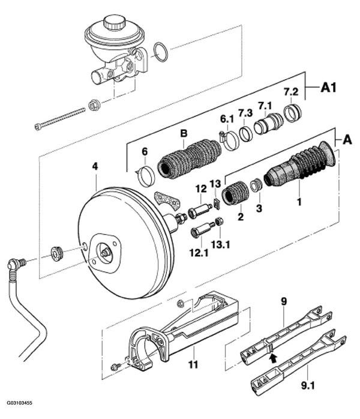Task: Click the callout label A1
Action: pos(328,88)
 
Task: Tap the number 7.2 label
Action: pos(291,92)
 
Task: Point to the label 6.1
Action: pos(227,119)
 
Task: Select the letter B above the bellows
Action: pos(184,133)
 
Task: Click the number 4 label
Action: pos(95,166)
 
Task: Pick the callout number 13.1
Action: pos(221,244)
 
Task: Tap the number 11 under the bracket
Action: pos(194,364)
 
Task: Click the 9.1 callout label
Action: pos(308,385)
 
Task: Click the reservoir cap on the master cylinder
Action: pos(115,22)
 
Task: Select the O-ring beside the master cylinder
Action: pos(161,52)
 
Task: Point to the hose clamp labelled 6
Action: pos(146,175)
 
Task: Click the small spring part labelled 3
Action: pos(256,185)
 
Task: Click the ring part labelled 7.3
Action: pos(245,134)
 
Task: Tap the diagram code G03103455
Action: pos(19,403)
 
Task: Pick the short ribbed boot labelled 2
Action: pos(236,193)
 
